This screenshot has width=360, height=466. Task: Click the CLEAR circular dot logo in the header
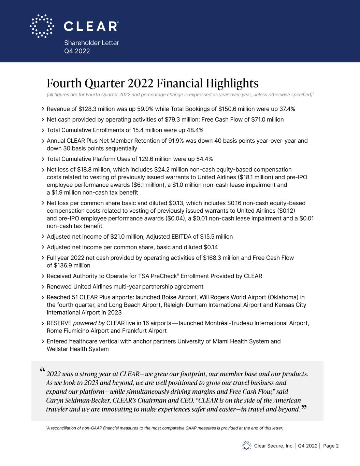(42, 26)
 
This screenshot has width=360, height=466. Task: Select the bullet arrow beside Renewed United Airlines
(43, 287)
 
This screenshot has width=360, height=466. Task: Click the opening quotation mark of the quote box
(42, 370)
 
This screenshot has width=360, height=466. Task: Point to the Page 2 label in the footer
(331, 446)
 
